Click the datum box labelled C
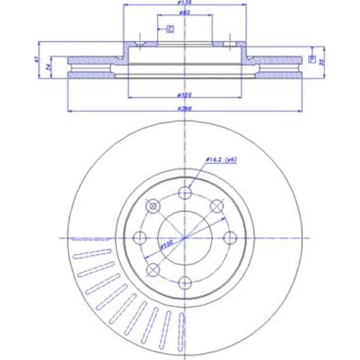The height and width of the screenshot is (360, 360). pos(171,30)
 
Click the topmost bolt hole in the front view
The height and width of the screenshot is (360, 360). pos(184,193)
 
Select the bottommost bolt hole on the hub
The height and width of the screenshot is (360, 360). pos(184,282)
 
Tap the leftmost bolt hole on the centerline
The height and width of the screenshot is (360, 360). pos(140,237)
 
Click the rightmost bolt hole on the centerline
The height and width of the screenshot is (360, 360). pos(229,237)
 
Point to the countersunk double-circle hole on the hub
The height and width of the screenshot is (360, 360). pos(153,206)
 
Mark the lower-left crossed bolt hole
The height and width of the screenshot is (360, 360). pos(153,269)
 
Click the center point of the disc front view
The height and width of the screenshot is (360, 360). pos(184,237)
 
